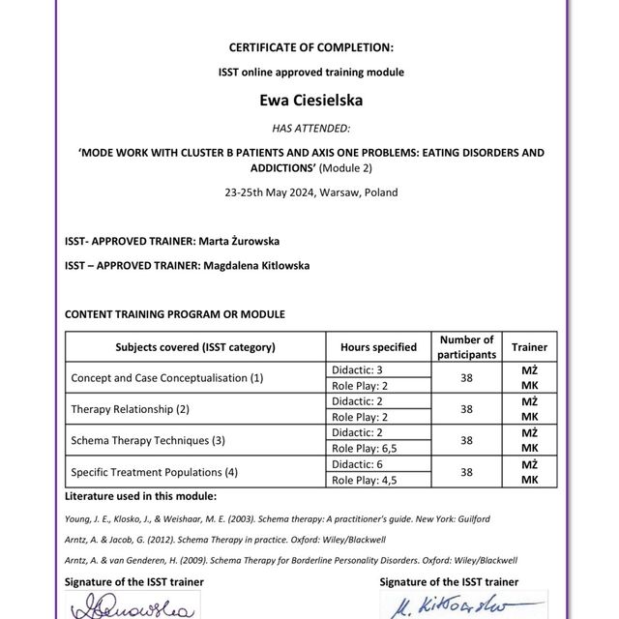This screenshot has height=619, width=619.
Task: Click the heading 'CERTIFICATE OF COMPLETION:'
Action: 310,47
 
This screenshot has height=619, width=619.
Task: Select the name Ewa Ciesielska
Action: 310,99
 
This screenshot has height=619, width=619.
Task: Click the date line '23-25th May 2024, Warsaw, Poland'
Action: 310,192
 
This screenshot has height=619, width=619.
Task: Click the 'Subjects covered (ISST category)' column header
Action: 195,347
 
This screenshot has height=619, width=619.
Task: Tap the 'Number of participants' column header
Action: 466,347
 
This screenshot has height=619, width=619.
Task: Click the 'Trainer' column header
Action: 529,347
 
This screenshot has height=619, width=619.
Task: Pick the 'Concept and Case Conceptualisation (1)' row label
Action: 167,378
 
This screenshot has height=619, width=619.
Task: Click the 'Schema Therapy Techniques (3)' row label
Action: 148,440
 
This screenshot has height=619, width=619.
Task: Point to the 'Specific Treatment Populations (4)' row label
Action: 155,472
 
